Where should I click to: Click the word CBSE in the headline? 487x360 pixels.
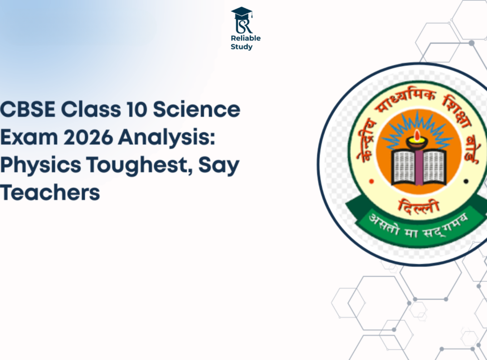point(28,109)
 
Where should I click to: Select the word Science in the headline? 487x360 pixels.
point(196,109)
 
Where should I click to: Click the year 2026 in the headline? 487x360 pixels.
point(88,137)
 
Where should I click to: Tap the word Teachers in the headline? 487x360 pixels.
point(49,193)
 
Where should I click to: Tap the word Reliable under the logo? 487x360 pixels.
point(246,38)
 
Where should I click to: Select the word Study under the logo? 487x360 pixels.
point(241,47)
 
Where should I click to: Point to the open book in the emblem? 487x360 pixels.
point(419,166)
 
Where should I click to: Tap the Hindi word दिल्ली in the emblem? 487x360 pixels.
point(419,206)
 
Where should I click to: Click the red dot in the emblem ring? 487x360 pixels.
point(371,181)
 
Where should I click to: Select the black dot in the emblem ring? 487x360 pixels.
point(466,181)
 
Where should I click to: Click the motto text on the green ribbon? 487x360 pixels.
point(418,225)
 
